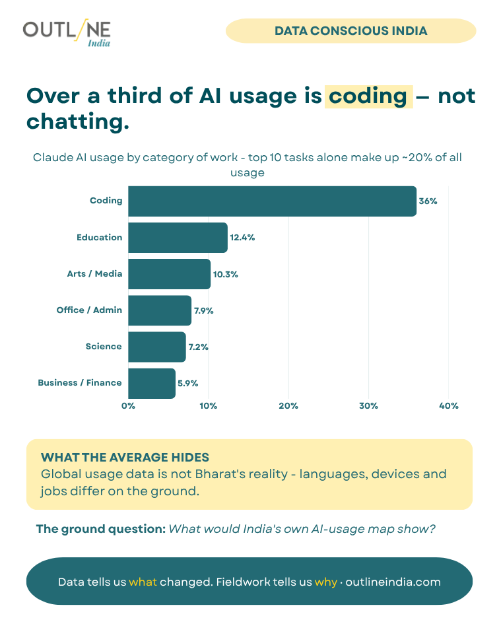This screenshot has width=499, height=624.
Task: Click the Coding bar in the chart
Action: [x=272, y=201]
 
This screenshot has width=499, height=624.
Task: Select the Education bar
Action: [x=178, y=238]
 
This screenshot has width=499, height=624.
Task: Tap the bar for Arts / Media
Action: [x=170, y=274]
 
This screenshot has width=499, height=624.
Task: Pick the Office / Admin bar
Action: [x=160, y=310]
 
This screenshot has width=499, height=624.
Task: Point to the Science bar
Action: [x=157, y=347]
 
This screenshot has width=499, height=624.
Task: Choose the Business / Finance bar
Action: [x=152, y=383]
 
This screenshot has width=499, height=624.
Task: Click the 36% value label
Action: [x=428, y=201]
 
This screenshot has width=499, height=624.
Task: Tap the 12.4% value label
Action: [x=242, y=238]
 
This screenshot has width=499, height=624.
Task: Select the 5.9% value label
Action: [x=188, y=383]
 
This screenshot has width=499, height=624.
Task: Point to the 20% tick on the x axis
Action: [x=288, y=406]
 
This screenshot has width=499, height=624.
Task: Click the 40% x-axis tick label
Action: [x=448, y=406]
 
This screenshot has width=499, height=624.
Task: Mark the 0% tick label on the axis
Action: [x=128, y=406]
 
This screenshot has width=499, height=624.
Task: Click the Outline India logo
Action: [x=67, y=32]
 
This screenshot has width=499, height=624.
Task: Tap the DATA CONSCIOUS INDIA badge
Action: [x=351, y=30]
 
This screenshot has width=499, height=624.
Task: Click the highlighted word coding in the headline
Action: [x=368, y=96]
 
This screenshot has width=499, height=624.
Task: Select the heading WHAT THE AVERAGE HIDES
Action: [x=125, y=457]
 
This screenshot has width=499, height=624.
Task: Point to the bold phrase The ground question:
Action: [x=101, y=529]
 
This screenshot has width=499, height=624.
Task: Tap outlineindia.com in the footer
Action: [x=393, y=582]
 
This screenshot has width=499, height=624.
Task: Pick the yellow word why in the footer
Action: [x=326, y=582]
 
